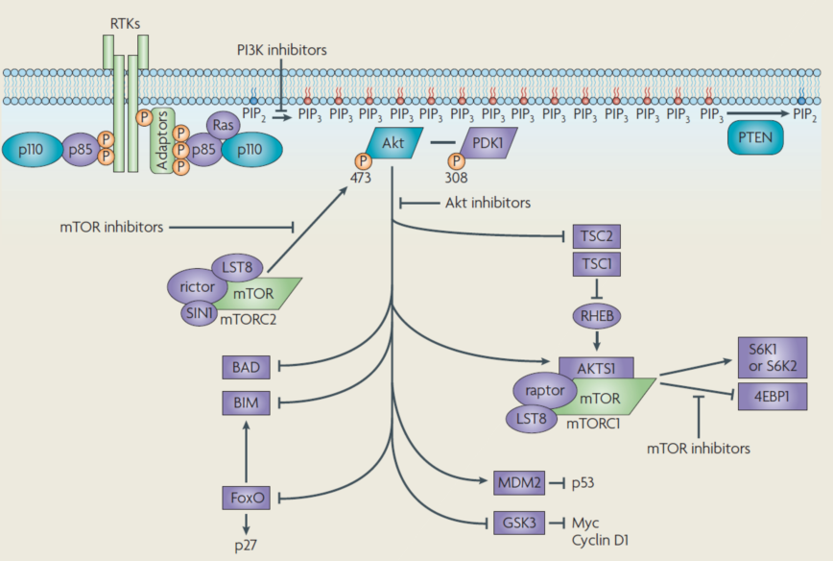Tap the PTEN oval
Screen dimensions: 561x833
point(755,141)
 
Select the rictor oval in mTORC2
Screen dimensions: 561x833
point(197,285)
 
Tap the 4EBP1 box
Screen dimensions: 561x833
point(772,396)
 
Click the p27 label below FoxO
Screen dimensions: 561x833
point(247,544)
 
